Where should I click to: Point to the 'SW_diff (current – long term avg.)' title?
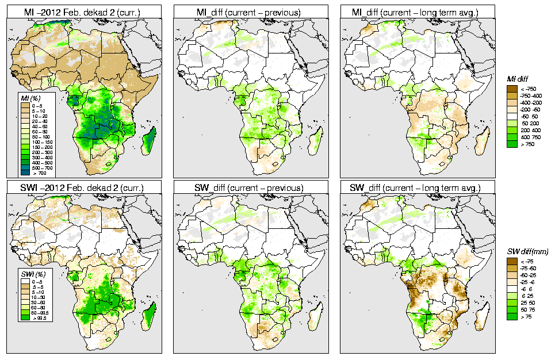tap(418, 187)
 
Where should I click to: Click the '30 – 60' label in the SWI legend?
tap(42, 301)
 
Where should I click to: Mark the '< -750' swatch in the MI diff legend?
tap(511, 89)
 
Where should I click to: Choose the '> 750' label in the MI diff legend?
tap(527, 144)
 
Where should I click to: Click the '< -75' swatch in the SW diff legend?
tap(511, 261)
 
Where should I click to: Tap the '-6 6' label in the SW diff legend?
tap(526, 289)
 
